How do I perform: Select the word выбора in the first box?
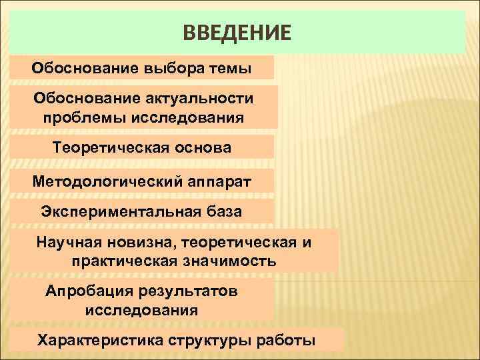(169, 67)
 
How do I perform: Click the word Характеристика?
(95, 341)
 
